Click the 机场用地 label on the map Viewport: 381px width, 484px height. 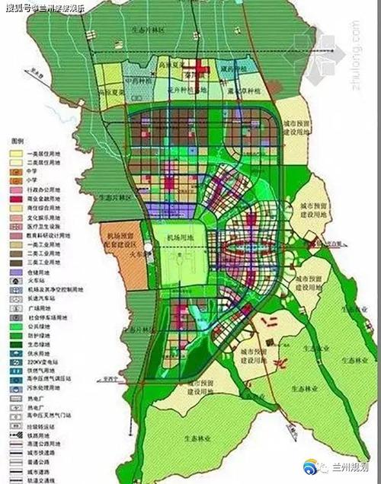point(177,237)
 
